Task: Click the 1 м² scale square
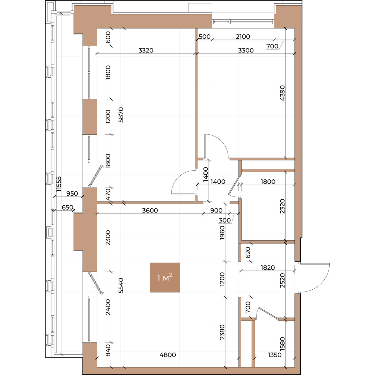coord(165,277)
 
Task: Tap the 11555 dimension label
coord(59,184)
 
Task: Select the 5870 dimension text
coord(121,115)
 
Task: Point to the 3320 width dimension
coord(146,50)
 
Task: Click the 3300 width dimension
coord(246,50)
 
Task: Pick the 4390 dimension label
coord(282,93)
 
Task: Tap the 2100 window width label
coord(243,36)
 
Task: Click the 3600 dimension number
coord(150,210)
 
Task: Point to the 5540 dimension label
coord(121,286)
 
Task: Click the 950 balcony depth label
coord(72,193)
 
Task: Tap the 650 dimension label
coord(67,207)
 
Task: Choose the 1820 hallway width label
coord(268,267)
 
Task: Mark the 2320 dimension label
coord(282,206)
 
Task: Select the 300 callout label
coord(225,220)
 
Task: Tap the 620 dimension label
coord(248,252)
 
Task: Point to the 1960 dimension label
coord(222,233)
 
